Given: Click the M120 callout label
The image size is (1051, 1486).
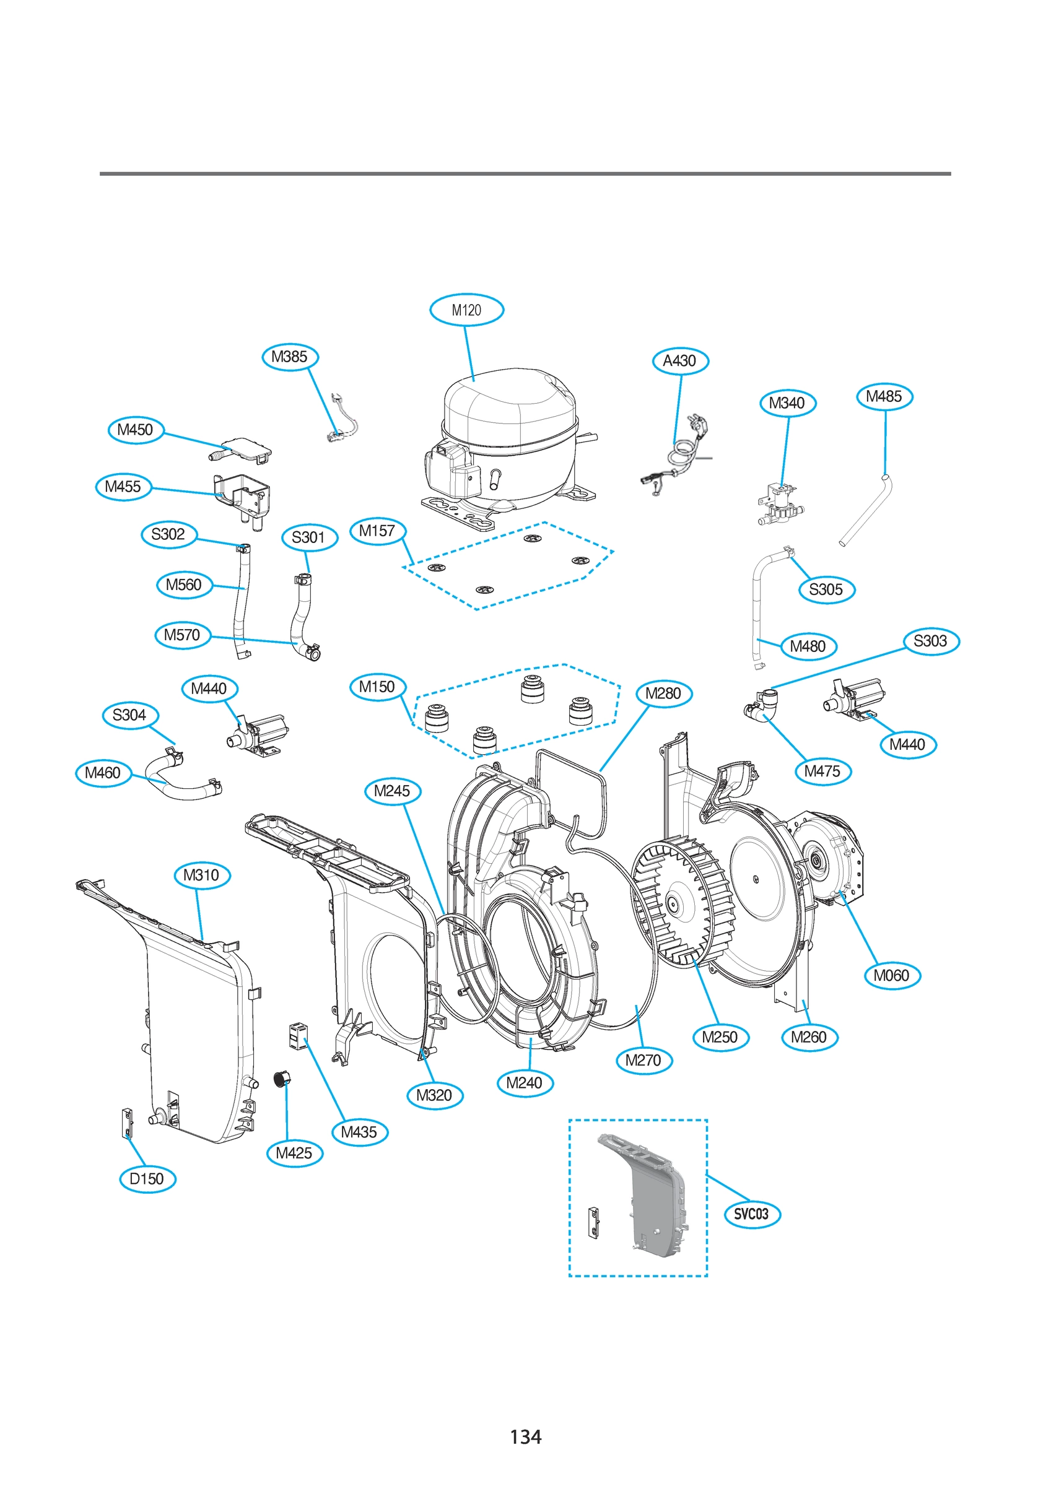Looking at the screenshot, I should click(466, 310).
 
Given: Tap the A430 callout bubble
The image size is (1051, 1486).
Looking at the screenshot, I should click(680, 361).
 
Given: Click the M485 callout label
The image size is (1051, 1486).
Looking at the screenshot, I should click(884, 396).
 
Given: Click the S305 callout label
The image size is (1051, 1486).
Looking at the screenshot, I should click(826, 589).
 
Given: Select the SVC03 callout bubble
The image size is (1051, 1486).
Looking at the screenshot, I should click(752, 1214).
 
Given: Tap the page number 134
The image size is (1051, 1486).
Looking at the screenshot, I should click(525, 1437).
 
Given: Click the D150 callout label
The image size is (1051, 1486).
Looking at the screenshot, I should click(147, 1178).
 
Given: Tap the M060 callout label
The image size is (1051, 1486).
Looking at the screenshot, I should click(892, 975).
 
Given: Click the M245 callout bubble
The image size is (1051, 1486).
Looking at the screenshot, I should click(393, 791).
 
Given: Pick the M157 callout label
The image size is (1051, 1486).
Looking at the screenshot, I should click(378, 531).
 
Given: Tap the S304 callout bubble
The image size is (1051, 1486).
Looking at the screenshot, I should click(129, 715).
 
